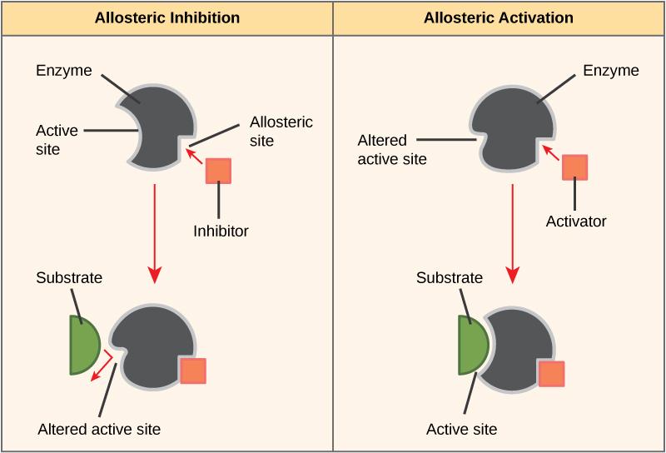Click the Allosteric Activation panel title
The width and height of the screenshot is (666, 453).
pos(498,17)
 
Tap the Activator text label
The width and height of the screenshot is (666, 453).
pos(576,222)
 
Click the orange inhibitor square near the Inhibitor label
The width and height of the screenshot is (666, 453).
pos(218,170)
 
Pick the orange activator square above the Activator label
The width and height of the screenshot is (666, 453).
pos(575,167)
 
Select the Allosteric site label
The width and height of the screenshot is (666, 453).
pos(281,132)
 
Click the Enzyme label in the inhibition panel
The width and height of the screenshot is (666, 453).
pos(63,71)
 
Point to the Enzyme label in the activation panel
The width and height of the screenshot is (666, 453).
pos(611,71)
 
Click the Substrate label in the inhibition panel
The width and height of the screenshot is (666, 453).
pos(69,277)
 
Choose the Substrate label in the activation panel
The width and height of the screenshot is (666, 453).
pos(450,277)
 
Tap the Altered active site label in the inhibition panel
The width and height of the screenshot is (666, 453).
pos(99,430)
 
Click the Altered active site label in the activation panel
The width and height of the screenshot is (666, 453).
pos(392,149)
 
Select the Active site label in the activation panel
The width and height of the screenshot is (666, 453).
pos(461,430)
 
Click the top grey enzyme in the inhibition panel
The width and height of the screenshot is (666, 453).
pos(158,125)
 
